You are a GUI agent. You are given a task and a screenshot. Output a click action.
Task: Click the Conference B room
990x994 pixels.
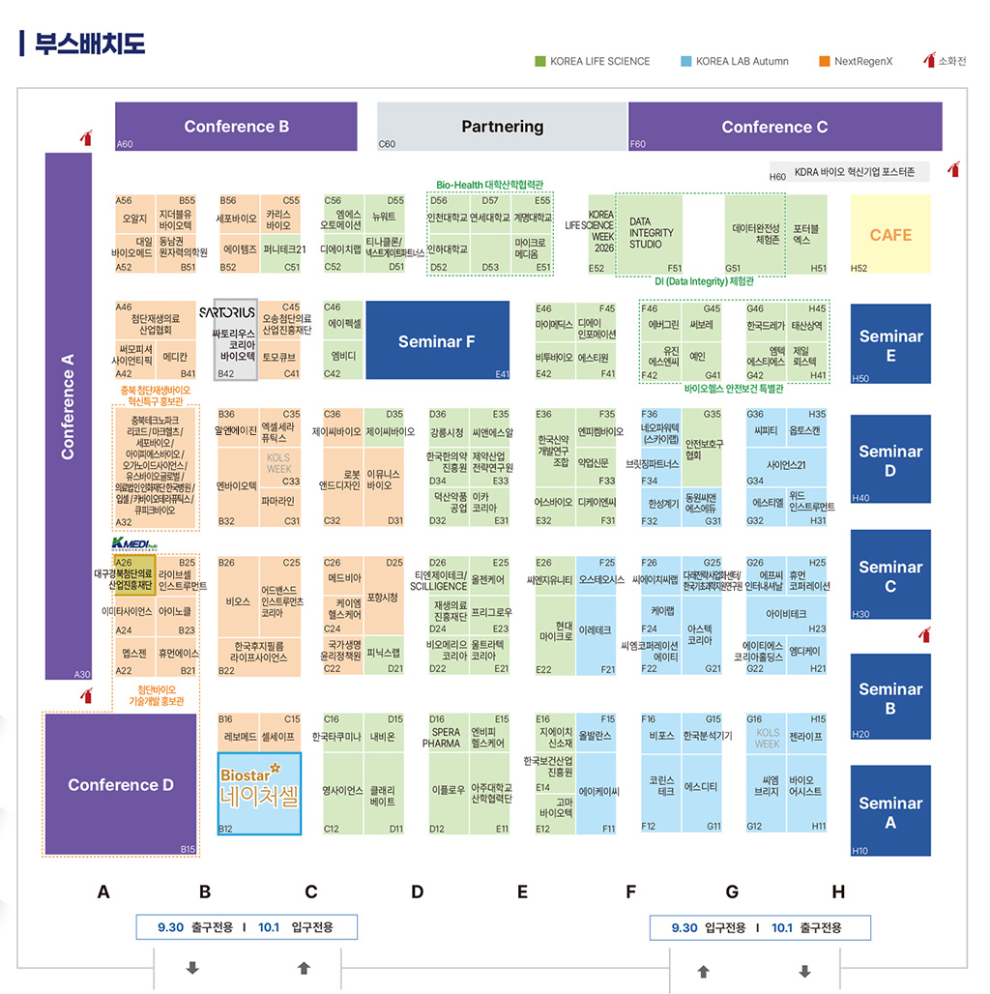click(x=237, y=127)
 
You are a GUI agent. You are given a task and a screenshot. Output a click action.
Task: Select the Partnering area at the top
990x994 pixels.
click(x=502, y=127)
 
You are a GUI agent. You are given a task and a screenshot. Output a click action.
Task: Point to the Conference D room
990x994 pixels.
click(x=120, y=784)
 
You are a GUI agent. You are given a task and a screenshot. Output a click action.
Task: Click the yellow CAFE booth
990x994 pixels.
click(x=890, y=235)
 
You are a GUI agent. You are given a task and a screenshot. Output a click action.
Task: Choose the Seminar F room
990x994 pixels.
click(x=437, y=340)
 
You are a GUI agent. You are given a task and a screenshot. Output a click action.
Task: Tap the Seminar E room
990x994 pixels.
click(x=890, y=345)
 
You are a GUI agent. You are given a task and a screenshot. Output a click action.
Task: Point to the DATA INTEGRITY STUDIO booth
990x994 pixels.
click(x=653, y=233)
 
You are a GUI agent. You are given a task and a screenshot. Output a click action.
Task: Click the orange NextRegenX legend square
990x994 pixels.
click(x=825, y=61)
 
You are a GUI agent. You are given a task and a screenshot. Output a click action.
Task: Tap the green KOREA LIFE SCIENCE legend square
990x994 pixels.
click(x=540, y=61)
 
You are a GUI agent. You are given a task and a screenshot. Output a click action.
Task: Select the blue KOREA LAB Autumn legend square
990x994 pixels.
click(x=685, y=61)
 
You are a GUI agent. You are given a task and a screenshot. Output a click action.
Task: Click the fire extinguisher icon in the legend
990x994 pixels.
click(x=930, y=60)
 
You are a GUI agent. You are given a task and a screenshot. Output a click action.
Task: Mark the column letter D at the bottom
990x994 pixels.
click(x=417, y=892)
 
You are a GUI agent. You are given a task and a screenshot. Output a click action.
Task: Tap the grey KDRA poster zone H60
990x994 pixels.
click(x=849, y=172)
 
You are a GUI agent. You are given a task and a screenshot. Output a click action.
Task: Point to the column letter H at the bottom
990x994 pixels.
click(x=838, y=892)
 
